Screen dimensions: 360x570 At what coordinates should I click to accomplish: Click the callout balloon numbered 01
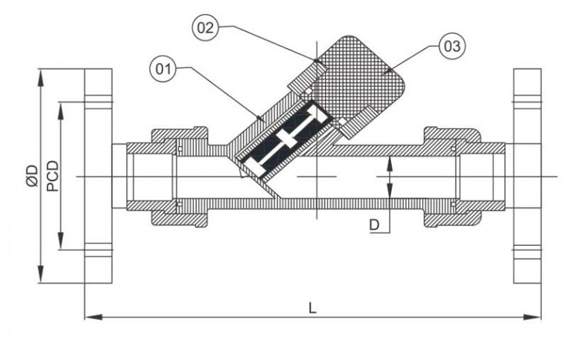(164, 71)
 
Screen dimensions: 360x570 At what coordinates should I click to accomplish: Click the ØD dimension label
(30, 176)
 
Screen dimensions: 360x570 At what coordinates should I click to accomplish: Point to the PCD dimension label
(52, 176)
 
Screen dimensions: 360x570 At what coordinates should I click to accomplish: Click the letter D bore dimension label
(376, 224)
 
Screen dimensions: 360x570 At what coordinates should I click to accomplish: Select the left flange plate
(98, 176)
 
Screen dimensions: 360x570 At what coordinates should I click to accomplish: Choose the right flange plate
(526, 176)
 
